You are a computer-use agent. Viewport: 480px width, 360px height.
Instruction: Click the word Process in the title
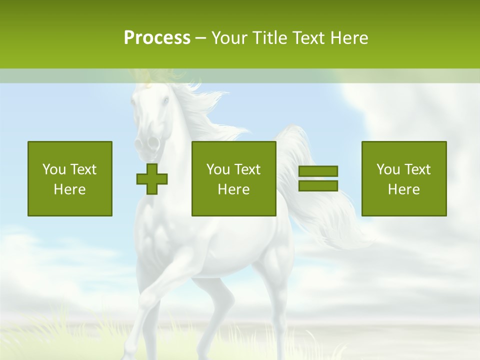pyautogui.click(x=157, y=38)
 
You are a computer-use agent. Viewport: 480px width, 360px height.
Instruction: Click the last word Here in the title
pyautogui.click(x=348, y=38)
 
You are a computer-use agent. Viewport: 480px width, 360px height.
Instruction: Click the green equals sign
pyautogui.click(x=318, y=178)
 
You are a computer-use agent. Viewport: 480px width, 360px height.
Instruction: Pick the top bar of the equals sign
pyautogui.click(x=318, y=171)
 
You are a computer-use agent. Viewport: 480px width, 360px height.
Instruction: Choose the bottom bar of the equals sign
pyautogui.click(x=318, y=185)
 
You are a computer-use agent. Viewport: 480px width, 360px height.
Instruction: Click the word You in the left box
pyautogui.click(x=54, y=169)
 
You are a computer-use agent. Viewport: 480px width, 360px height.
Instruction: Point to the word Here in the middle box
pyautogui.click(x=233, y=189)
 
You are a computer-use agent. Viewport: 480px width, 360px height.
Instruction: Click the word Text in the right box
pyautogui.click(x=417, y=169)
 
